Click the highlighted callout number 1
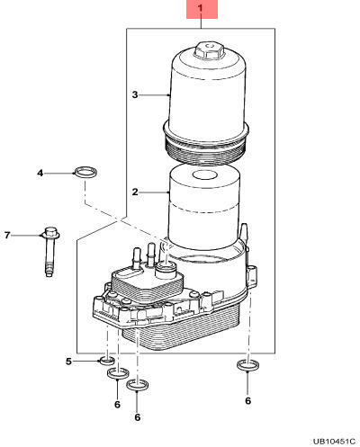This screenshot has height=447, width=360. (x=201, y=8)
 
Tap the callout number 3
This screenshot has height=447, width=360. (x=135, y=94)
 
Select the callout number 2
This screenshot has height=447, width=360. (x=135, y=192)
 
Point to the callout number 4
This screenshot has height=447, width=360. (x=40, y=173)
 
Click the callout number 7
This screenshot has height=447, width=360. (x=8, y=235)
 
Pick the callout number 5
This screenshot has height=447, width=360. (x=68, y=362)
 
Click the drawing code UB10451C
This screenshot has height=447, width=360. (x=335, y=442)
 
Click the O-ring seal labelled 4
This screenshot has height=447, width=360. (x=86, y=172)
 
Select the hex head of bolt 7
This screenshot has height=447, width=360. (x=51, y=233)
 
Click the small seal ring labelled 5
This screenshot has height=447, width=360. (x=107, y=361)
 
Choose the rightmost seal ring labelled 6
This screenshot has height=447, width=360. (x=248, y=365)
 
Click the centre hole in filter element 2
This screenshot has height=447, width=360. (x=204, y=175)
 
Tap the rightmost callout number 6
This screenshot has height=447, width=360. (x=247, y=400)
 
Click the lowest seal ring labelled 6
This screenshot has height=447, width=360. (x=138, y=386)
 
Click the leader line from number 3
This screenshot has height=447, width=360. (x=154, y=95)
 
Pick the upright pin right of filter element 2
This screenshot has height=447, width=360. (x=244, y=232)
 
